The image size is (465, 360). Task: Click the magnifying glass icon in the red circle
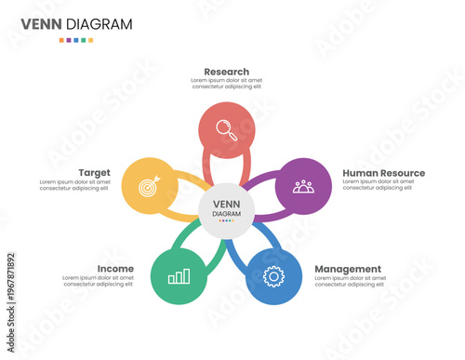point(227,130)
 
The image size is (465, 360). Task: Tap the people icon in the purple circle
point(303,186)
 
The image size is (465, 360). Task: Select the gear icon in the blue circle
point(273,276)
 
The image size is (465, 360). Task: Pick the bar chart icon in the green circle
point(179,276)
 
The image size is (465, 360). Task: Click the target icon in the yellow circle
point(149,186)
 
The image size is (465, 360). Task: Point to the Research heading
point(227,71)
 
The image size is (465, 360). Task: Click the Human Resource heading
point(383,173)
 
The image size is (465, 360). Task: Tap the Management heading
point(348,269)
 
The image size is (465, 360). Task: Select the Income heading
point(115,269)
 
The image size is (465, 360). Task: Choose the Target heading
point(95,173)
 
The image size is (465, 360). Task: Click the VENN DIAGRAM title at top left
point(76,23)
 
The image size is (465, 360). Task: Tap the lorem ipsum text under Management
point(350,281)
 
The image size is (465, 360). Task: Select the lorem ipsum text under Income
point(98,281)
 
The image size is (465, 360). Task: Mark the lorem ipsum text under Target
point(74,185)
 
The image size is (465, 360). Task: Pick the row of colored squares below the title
point(76,40)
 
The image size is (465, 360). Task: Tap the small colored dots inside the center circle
point(227,221)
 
